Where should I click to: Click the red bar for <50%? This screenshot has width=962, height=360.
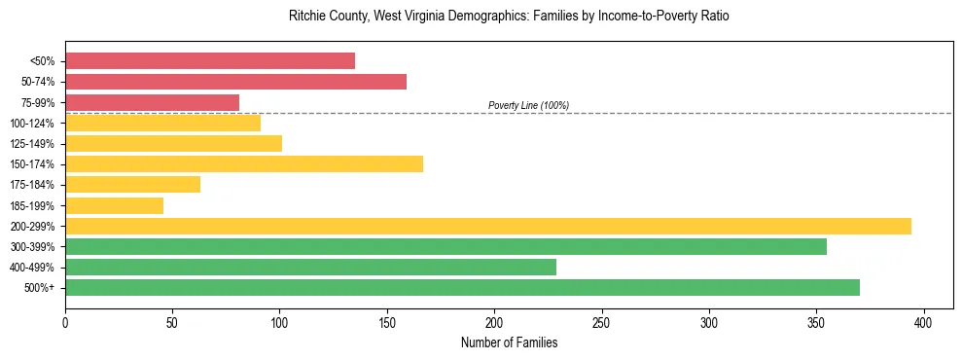pyautogui.click(x=210, y=61)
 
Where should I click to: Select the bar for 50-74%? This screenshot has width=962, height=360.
pyautogui.click(x=235, y=82)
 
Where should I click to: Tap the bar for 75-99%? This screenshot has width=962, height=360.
pyautogui.click(x=152, y=102)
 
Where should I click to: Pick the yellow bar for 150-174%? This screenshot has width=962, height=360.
pyautogui.click(x=244, y=163)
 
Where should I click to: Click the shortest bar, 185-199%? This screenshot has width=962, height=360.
pyautogui.click(x=114, y=205)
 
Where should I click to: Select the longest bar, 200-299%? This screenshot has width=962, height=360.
pyautogui.click(x=488, y=226)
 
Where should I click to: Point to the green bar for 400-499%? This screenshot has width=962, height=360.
pyautogui.click(x=310, y=267)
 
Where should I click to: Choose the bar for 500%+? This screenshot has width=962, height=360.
pyautogui.click(x=462, y=287)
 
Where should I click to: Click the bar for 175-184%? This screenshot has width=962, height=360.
pyautogui.click(x=132, y=184)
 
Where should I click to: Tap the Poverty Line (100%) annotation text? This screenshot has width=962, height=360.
pyautogui.click(x=528, y=105)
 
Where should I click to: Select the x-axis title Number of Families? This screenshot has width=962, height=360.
pyautogui.click(x=509, y=342)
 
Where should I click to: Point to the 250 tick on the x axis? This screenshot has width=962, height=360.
pyautogui.click(x=602, y=322)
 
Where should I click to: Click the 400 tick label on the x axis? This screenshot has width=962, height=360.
pyautogui.click(x=924, y=322)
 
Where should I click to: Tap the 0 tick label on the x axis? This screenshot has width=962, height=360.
pyautogui.click(x=65, y=322)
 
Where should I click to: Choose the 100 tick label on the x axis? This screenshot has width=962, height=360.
pyautogui.click(x=280, y=322)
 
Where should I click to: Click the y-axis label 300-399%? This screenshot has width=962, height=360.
pyautogui.click(x=35, y=247)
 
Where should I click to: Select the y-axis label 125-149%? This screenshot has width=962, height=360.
pyautogui.click(x=35, y=144)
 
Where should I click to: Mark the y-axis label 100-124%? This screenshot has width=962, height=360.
pyautogui.click(x=35, y=124)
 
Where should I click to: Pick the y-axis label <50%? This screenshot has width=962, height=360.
pyautogui.click(x=43, y=61)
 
